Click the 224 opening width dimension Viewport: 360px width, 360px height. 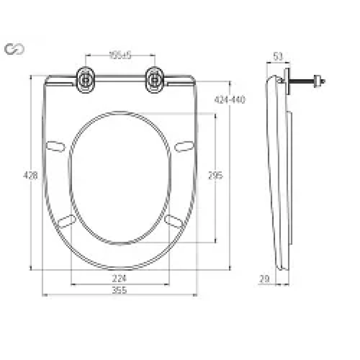pyautogui.click(x=119, y=278)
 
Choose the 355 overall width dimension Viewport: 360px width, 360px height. pyautogui.click(x=119, y=290)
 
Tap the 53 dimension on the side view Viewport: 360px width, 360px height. pyautogui.click(x=278, y=56)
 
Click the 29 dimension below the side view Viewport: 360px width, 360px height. pyautogui.click(x=265, y=279)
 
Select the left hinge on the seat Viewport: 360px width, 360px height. pyautogui.click(x=85, y=80)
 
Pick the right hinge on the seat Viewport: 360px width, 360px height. pyautogui.click(x=154, y=80)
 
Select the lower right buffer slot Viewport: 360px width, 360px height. pyautogui.click(x=173, y=220)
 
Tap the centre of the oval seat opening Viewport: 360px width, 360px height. pyautogui.click(x=120, y=177)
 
